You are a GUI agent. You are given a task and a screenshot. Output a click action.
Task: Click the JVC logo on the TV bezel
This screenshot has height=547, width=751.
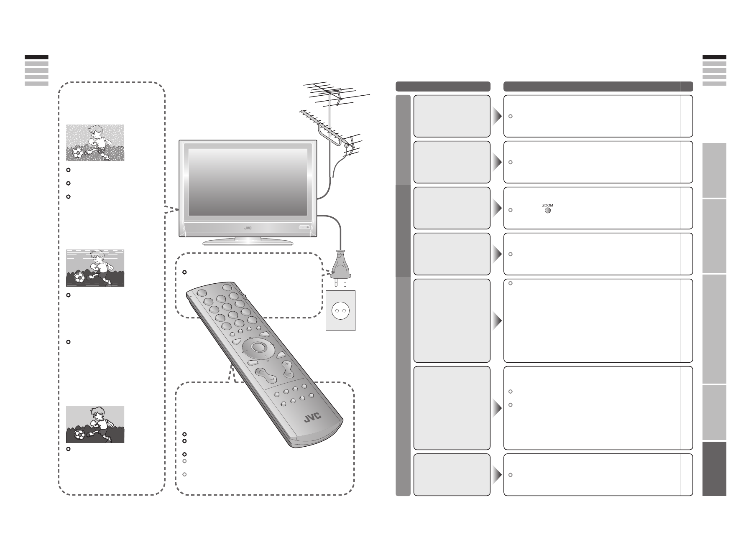pos(250,228)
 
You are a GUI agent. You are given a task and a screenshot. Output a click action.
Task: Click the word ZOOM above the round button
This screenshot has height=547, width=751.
pos(547,205)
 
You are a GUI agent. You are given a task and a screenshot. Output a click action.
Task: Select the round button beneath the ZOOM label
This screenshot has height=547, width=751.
pos(547,210)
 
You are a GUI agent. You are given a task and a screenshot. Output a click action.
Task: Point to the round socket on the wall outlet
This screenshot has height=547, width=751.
pos(340,310)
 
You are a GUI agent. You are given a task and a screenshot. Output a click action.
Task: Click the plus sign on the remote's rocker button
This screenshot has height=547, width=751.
pos(286,365)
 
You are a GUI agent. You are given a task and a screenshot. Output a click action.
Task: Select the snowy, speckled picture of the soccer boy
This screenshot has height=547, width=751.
pos(95,142)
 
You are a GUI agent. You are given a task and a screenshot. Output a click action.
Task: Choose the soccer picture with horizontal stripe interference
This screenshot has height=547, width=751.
pos(95,268)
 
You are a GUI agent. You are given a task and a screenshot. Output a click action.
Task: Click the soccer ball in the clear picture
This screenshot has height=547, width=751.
pos(79,435)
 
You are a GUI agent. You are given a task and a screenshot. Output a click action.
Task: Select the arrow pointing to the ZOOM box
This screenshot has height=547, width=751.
pos(497,208)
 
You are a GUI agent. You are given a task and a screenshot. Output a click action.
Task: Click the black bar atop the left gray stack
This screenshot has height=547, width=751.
pos(36,57)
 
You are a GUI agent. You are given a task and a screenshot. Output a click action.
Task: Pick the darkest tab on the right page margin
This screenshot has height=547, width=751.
pos(714,468)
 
